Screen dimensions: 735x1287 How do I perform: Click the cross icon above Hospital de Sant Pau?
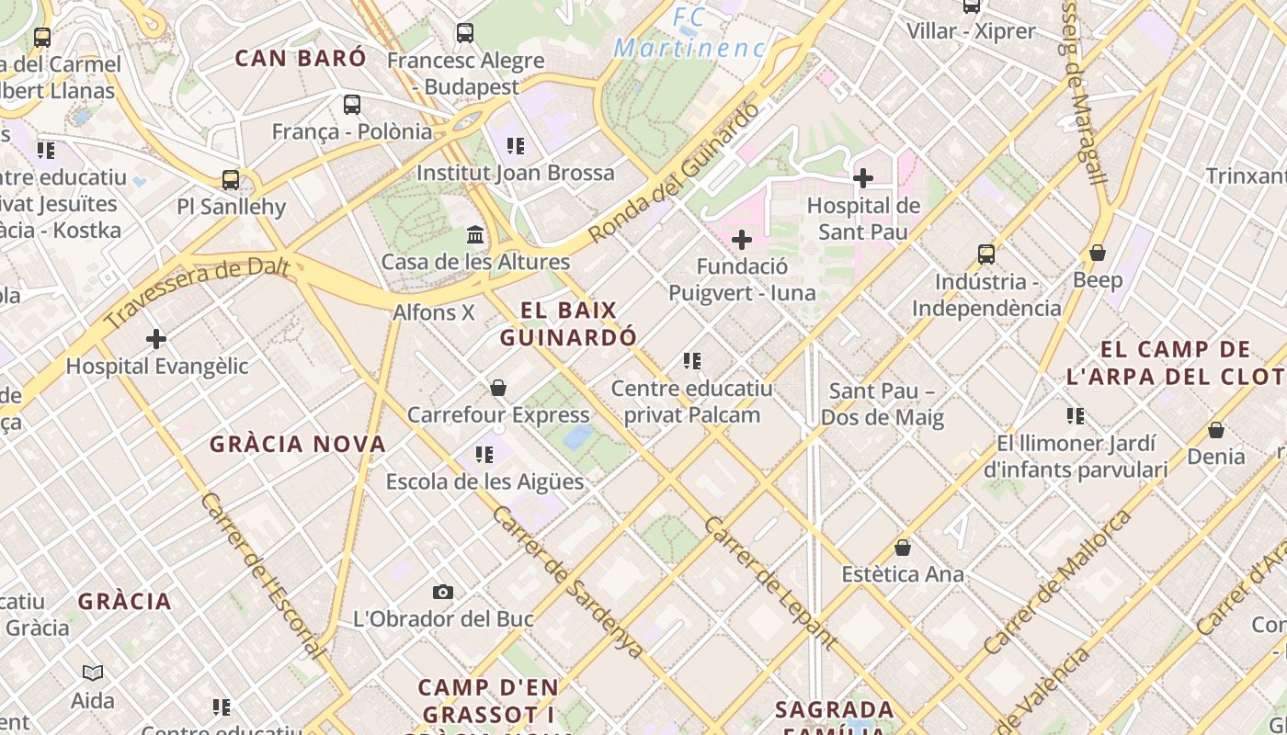click(x=862, y=178)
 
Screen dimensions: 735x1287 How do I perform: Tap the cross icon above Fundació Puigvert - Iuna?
click(x=741, y=240)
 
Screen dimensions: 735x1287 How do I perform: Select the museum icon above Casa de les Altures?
click(x=475, y=235)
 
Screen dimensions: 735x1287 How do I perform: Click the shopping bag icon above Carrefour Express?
click(x=498, y=388)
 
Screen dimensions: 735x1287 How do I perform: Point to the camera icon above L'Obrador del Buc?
click(x=443, y=592)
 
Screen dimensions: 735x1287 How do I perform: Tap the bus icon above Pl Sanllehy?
click(x=231, y=179)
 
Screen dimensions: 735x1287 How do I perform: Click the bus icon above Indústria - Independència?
click(x=985, y=254)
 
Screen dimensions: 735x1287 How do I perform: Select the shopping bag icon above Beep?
click(x=1098, y=253)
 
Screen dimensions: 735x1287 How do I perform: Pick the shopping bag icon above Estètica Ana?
click(x=903, y=548)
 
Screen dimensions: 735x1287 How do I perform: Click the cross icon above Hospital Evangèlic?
click(x=156, y=339)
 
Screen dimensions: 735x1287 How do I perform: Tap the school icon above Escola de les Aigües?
click(x=484, y=454)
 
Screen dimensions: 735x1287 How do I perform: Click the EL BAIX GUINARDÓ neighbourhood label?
click(x=568, y=323)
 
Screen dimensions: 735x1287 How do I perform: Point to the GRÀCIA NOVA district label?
click(x=298, y=445)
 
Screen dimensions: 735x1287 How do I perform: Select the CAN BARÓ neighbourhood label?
click(x=301, y=58)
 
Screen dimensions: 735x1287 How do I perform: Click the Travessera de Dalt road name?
click(x=197, y=294)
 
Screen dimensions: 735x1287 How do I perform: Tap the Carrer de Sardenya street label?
click(x=567, y=581)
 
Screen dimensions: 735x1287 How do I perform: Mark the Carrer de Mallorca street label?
click(x=1057, y=582)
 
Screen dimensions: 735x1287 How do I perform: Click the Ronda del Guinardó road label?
click(x=675, y=173)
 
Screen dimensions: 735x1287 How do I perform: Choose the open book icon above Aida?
click(x=93, y=673)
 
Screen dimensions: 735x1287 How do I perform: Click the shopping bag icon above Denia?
click(x=1215, y=430)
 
